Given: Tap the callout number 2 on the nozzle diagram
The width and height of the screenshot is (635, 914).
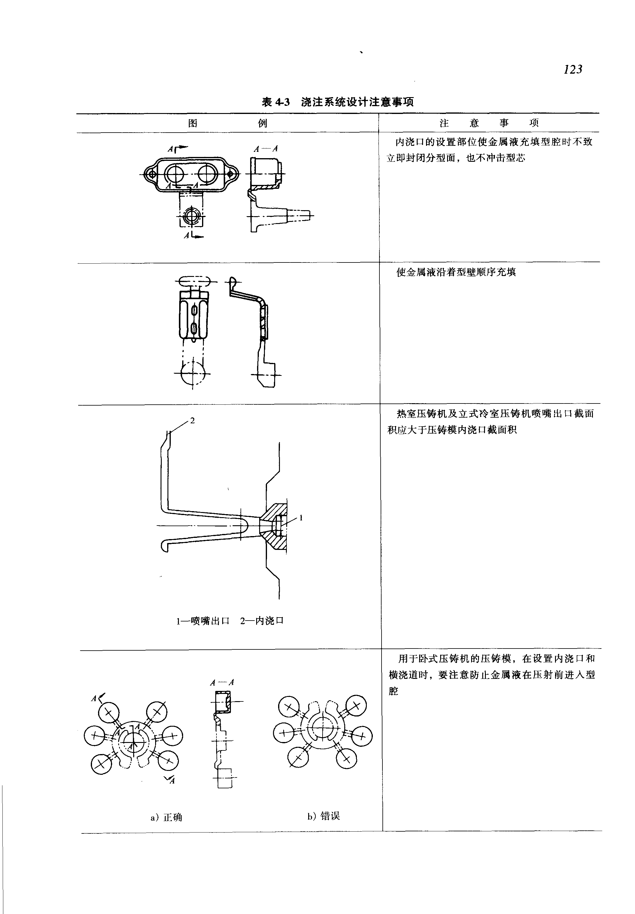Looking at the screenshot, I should (x=192, y=421).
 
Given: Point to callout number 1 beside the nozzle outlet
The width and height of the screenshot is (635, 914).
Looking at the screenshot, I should (x=301, y=518).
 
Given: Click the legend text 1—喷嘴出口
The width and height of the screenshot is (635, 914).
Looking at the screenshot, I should (x=203, y=621).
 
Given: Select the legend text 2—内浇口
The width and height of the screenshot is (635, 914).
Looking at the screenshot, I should (x=262, y=621).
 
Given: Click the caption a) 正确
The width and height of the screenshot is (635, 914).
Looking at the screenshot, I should (x=166, y=817).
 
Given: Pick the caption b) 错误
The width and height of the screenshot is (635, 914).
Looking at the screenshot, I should (x=324, y=816).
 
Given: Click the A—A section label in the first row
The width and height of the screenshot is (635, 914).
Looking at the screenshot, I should (x=266, y=149).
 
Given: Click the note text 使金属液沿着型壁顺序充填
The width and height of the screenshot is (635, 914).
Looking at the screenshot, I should (x=456, y=272).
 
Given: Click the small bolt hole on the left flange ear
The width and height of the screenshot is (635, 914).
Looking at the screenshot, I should (x=151, y=174).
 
